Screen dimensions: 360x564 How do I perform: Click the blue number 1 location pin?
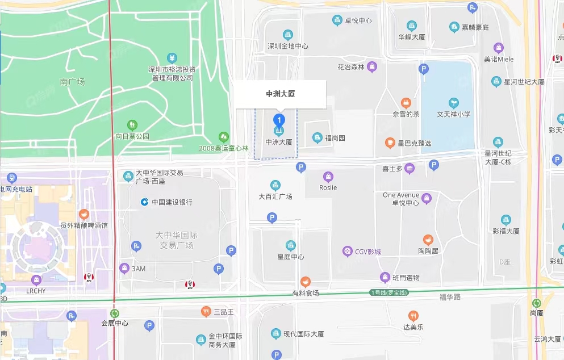(279, 120)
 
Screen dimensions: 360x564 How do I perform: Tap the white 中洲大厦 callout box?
(281, 94)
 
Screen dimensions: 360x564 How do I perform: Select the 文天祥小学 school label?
(453, 114)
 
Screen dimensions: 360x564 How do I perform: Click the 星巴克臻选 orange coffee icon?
(390, 143)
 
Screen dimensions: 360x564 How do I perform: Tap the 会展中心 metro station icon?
(115, 313)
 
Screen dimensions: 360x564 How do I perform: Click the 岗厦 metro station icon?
(537, 303)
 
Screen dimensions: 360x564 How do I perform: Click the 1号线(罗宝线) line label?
(389, 292)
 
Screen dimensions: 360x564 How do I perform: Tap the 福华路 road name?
(450, 296)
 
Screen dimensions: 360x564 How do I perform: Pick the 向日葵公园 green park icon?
(132, 124)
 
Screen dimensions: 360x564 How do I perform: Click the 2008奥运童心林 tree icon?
(224, 137)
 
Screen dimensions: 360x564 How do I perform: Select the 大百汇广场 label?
(275, 196)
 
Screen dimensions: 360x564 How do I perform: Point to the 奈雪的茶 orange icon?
(406, 103)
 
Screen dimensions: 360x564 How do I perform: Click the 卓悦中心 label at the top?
(358, 20)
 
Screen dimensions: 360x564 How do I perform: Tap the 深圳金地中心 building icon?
(288, 35)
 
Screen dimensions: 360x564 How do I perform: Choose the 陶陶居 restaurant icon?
(428, 240)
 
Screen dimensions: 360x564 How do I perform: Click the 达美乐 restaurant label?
(413, 327)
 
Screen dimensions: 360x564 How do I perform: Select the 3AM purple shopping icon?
(124, 268)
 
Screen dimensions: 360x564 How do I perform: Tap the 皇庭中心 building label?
(290, 257)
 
